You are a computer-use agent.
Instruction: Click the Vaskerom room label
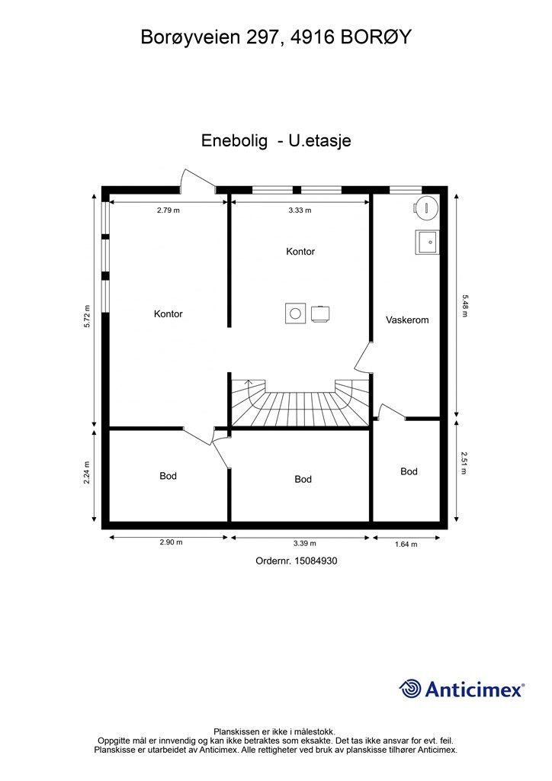point(407,320)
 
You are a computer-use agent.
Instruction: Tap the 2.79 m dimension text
point(168,211)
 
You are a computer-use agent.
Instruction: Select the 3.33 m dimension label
point(300,211)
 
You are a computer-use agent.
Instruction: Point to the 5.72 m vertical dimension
point(87,316)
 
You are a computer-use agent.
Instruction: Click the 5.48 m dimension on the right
point(464,306)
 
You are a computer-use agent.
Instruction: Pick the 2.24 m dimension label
point(87,472)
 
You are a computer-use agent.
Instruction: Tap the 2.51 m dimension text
point(464,463)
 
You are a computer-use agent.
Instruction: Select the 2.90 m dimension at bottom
point(171,542)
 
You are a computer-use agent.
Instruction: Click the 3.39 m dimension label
point(305,543)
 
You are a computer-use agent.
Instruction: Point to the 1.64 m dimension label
point(406,545)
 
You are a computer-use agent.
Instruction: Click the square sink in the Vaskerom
point(428,243)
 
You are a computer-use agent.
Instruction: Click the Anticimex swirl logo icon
point(410,689)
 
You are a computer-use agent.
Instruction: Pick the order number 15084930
point(316,561)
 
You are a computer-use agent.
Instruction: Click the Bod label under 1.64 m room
point(409,471)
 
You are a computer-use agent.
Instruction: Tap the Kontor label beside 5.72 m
point(168,313)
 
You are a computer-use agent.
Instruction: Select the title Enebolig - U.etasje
point(276,140)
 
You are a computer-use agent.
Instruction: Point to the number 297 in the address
point(265,37)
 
